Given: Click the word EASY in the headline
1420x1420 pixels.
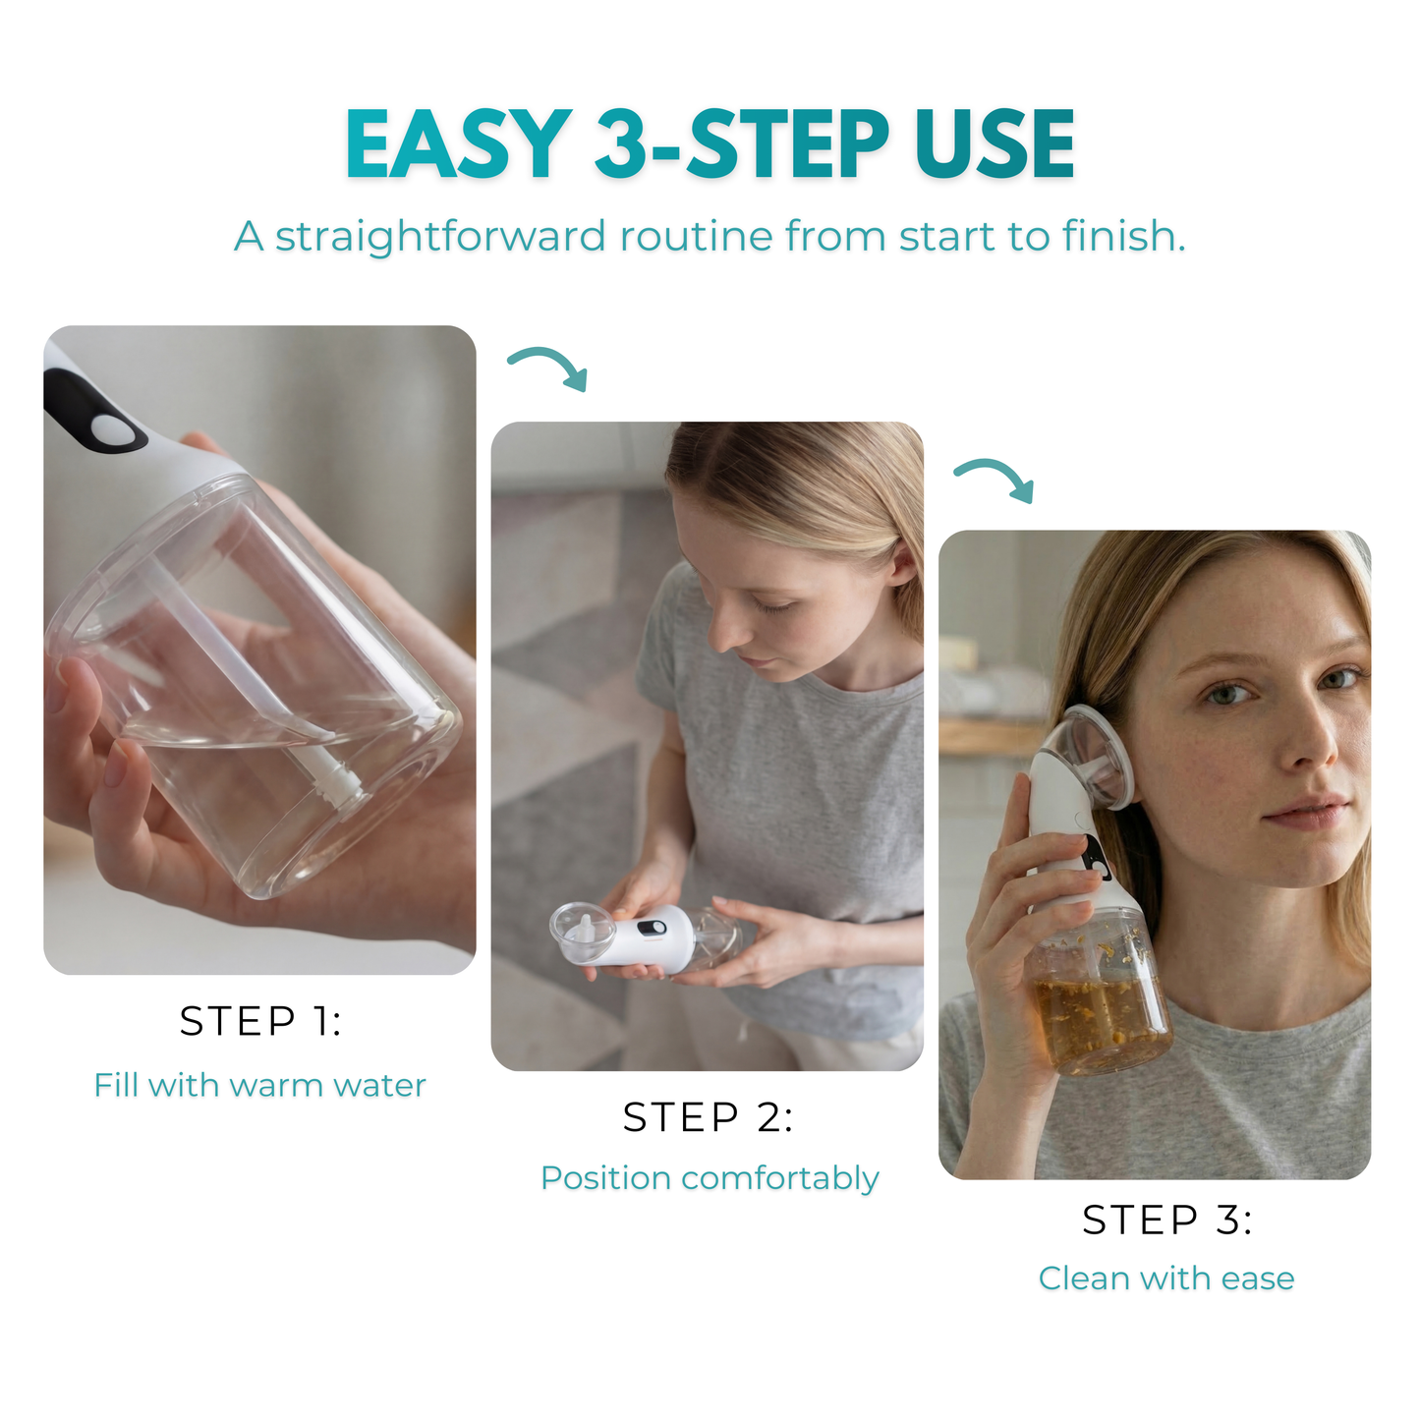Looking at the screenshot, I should [x=458, y=144].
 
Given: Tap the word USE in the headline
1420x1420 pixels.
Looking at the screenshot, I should [x=994, y=144].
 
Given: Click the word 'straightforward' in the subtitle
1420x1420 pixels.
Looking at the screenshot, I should [x=440, y=237].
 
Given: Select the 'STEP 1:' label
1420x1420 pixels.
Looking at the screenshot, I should [x=260, y=1022].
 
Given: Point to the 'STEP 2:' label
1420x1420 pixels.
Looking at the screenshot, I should [x=708, y=1117].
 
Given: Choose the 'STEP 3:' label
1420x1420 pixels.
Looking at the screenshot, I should [x=1166, y=1220].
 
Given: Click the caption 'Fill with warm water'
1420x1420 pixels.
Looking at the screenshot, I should [x=260, y=1085].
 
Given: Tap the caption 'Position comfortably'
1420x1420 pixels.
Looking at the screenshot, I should [x=710, y=1177].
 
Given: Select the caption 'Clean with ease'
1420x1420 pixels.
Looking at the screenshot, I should [x=1166, y=1278].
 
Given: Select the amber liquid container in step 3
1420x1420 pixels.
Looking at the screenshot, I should [x=1101, y=1012].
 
